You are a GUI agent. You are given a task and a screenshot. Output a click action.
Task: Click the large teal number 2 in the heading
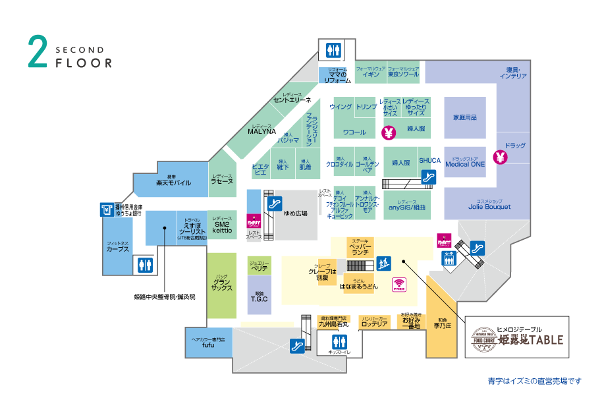(38, 51)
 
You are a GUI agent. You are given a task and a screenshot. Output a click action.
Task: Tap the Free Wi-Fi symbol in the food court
(399, 285)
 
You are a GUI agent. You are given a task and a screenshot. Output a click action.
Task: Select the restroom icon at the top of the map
(333, 49)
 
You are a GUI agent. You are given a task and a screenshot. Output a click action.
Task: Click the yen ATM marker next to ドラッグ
(501, 157)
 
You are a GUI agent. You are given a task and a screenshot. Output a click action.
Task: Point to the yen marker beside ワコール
(388, 132)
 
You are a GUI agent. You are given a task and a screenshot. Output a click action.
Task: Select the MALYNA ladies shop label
(261, 130)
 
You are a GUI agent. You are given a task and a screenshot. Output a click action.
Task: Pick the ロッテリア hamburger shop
(374, 323)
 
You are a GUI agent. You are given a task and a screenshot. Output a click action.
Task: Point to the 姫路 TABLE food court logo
(516, 339)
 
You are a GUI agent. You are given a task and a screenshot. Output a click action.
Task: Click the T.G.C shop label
(259, 298)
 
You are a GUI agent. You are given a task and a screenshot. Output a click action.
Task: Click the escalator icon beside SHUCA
(429, 177)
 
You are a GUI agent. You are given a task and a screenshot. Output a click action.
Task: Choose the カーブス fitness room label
(117, 248)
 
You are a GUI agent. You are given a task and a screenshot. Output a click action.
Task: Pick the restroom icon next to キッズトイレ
(339, 342)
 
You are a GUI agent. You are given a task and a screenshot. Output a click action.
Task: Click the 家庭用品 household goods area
(464, 117)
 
